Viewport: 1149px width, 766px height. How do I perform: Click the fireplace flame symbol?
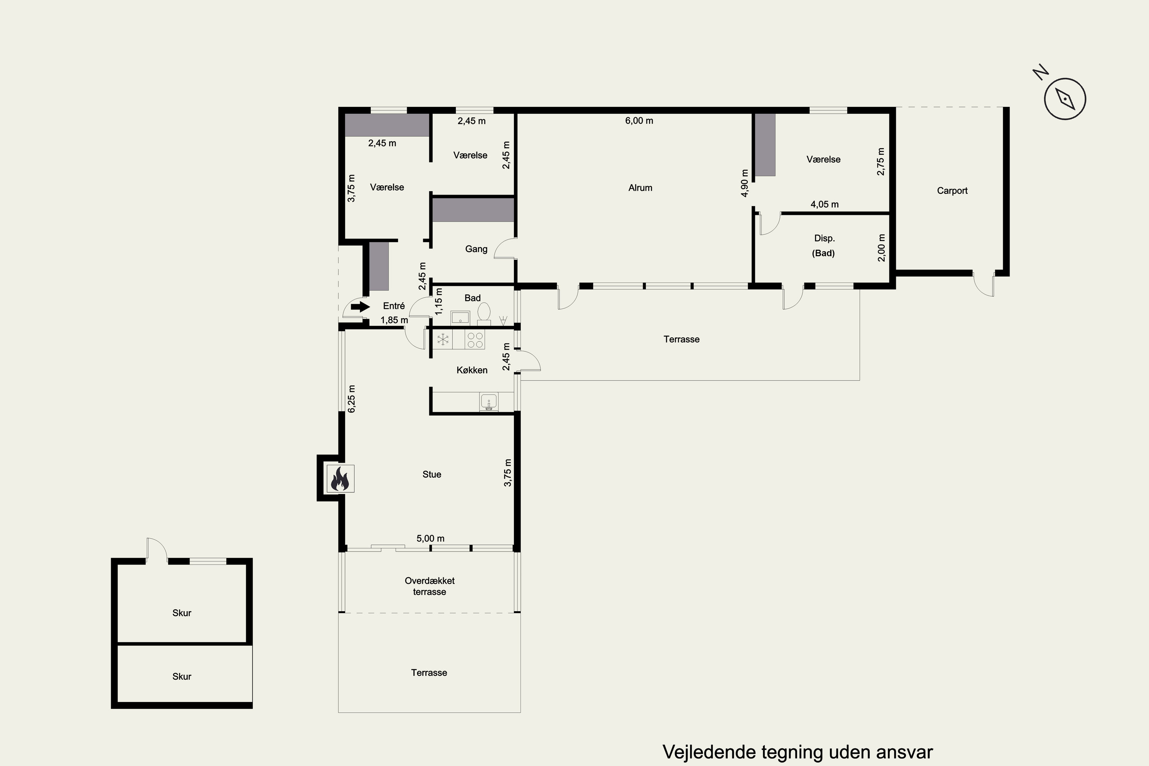[340, 478]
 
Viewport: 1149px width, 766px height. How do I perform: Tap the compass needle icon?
[1065, 99]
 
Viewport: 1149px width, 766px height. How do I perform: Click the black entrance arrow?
[360, 307]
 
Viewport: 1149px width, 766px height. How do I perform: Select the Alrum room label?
[640, 188]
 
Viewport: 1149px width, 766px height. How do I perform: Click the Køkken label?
[472, 370]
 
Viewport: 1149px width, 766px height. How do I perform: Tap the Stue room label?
[432, 475]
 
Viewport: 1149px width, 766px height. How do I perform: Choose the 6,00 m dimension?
[639, 121]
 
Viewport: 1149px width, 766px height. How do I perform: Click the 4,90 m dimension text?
[745, 183]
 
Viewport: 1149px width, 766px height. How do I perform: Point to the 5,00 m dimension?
[430, 538]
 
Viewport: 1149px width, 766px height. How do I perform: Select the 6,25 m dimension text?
[351, 399]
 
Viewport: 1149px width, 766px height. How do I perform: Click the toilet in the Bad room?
[484, 313]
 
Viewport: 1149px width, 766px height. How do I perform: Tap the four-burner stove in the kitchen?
[475, 339]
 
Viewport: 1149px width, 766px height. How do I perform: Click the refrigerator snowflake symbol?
[443, 339]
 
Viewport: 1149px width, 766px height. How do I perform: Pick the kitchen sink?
[489, 402]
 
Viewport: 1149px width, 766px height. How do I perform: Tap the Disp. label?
[824, 238]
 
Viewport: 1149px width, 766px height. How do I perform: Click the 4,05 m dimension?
[825, 204]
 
